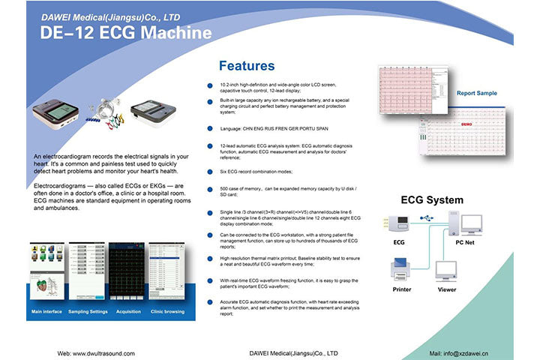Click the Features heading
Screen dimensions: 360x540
(x=246, y=66)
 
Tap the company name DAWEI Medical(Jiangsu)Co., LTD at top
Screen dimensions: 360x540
(x=110, y=16)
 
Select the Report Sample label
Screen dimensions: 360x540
(x=476, y=94)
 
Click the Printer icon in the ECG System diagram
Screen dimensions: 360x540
(x=402, y=269)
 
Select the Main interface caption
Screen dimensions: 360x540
(x=46, y=310)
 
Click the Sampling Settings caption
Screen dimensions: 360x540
(x=87, y=310)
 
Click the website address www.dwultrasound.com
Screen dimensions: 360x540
(x=96, y=352)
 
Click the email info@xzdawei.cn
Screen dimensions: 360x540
(x=460, y=352)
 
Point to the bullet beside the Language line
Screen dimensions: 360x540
(x=209, y=128)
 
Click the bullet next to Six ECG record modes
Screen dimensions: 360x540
(x=209, y=172)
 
